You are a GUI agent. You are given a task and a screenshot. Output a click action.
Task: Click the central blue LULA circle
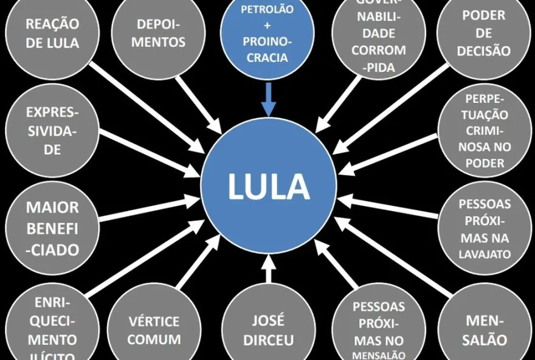point(268,185)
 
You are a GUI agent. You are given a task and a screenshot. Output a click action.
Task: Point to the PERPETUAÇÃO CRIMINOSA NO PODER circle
point(485,131)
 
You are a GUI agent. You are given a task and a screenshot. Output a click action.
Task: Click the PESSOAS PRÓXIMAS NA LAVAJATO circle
point(485,228)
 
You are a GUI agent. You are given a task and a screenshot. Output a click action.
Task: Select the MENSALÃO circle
point(485,328)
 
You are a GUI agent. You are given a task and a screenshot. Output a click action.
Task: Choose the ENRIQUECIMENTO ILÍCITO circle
point(52,328)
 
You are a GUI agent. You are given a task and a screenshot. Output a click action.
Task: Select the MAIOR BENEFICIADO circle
point(52,228)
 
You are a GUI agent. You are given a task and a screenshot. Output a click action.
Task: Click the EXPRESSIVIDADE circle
point(52,131)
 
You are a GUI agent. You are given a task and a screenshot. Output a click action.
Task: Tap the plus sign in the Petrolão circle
point(267,26)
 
